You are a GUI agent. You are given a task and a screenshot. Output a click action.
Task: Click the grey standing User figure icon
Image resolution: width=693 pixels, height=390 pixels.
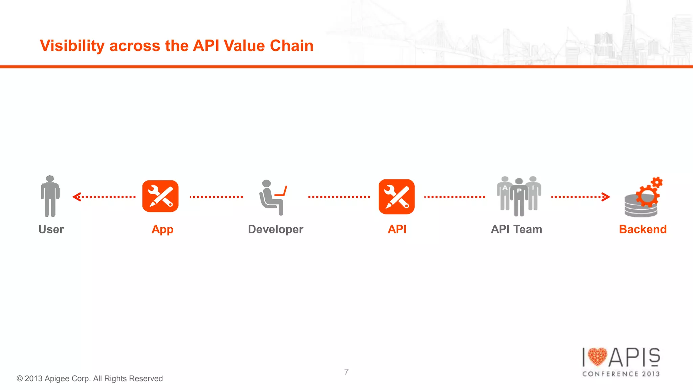pos(50,196)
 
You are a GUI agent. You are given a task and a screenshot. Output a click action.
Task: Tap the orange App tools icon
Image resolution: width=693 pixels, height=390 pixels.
pos(160,196)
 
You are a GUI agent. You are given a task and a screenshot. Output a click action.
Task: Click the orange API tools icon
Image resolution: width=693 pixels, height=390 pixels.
pos(397,197)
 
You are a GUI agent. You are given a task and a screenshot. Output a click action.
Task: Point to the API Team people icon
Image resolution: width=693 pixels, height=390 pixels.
pos(519,196)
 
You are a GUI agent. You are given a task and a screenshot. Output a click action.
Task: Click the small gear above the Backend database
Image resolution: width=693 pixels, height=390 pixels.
pos(657,182)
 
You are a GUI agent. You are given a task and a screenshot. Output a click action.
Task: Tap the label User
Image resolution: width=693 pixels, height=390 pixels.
pos(51,229)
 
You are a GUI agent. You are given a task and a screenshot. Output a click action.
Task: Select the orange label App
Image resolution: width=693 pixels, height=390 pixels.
pos(162,230)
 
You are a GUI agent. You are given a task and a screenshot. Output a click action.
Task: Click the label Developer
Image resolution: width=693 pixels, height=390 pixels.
pos(275,229)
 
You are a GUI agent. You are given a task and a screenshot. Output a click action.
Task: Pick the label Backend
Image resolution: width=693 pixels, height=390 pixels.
pos(643,229)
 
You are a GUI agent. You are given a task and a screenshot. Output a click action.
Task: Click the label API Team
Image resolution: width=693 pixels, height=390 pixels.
pos(516,229)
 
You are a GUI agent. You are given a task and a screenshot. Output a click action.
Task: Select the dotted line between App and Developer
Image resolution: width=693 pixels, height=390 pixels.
pos(216,197)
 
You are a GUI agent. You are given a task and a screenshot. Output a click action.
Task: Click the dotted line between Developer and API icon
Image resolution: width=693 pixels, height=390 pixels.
pos(339,197)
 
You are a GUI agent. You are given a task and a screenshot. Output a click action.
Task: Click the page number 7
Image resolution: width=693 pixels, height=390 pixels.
pos(346,372)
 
